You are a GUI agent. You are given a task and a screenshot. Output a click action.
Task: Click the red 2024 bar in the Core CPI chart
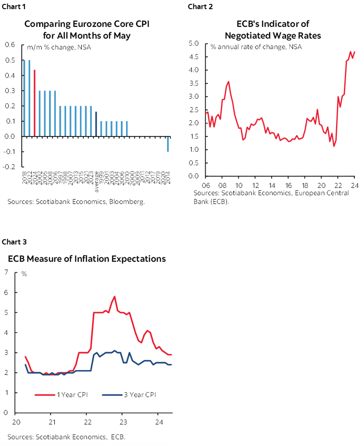[34, 103]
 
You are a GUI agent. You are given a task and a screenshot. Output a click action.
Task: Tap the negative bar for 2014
[168, 144]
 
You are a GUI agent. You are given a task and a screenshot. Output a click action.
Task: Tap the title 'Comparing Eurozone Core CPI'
[87, 24]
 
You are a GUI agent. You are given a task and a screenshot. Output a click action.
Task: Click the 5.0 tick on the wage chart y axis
[194, 43]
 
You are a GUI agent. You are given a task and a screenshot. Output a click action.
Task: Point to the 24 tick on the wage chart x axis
[354, 184]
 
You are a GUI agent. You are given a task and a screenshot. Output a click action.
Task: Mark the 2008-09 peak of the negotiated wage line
[229, 81]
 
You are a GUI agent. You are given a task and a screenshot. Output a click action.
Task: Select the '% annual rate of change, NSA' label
[256, 47]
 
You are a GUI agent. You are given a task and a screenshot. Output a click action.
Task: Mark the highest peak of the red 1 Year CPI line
[114, 297]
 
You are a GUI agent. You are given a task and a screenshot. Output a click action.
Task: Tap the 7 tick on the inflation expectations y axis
[6, 273]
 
